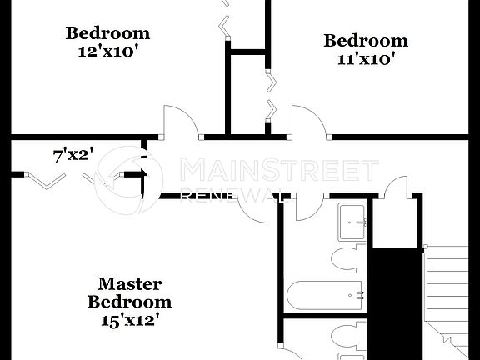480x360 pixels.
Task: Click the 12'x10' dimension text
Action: click(x=108, y=50)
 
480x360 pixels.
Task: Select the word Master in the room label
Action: click(x=130, y=284)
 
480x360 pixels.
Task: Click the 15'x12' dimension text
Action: click(x=129, y=318)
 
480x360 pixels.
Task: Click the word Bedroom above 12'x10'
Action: click(x=108, y=33)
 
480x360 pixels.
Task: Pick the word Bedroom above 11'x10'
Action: click(x=366, y=40)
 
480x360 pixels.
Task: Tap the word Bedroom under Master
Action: click(x=130, y=302)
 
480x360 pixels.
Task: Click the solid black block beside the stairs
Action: click(x=397, y=300)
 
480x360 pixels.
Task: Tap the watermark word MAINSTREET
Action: click(x=280, y=172)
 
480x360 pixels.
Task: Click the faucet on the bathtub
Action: click(x=360, y=294)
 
